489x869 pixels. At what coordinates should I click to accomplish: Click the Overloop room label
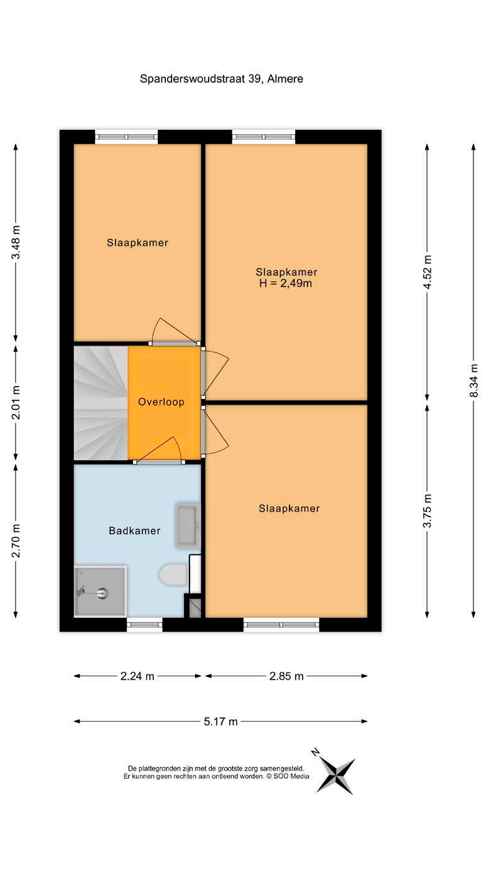point(161,402)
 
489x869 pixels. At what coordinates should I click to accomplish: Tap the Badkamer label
point(135,530)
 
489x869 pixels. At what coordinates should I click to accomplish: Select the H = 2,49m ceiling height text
point(285,283)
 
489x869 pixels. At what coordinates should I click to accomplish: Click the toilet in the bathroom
point(174,574)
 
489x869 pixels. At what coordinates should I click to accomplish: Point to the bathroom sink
point(188,525)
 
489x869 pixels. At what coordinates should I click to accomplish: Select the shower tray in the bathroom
point(100,591)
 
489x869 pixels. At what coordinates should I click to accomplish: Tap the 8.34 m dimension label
point(473,380)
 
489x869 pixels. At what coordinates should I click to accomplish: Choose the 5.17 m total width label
point(221,722)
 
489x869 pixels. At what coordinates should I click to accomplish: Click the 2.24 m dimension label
point(137,676)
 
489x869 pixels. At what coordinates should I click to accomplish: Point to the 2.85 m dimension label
point(286,676)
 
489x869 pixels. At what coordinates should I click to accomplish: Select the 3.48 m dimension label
point(16,242)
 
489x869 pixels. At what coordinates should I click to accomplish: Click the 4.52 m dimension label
point(427,272)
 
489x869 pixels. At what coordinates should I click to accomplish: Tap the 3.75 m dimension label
point(427,511)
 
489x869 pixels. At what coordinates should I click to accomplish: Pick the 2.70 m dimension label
point(16,540)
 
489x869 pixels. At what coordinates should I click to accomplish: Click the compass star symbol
point(336,776)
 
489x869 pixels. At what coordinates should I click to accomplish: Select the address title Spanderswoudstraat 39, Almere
point(221,79)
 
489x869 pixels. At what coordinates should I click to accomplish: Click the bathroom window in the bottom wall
point(145,625)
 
